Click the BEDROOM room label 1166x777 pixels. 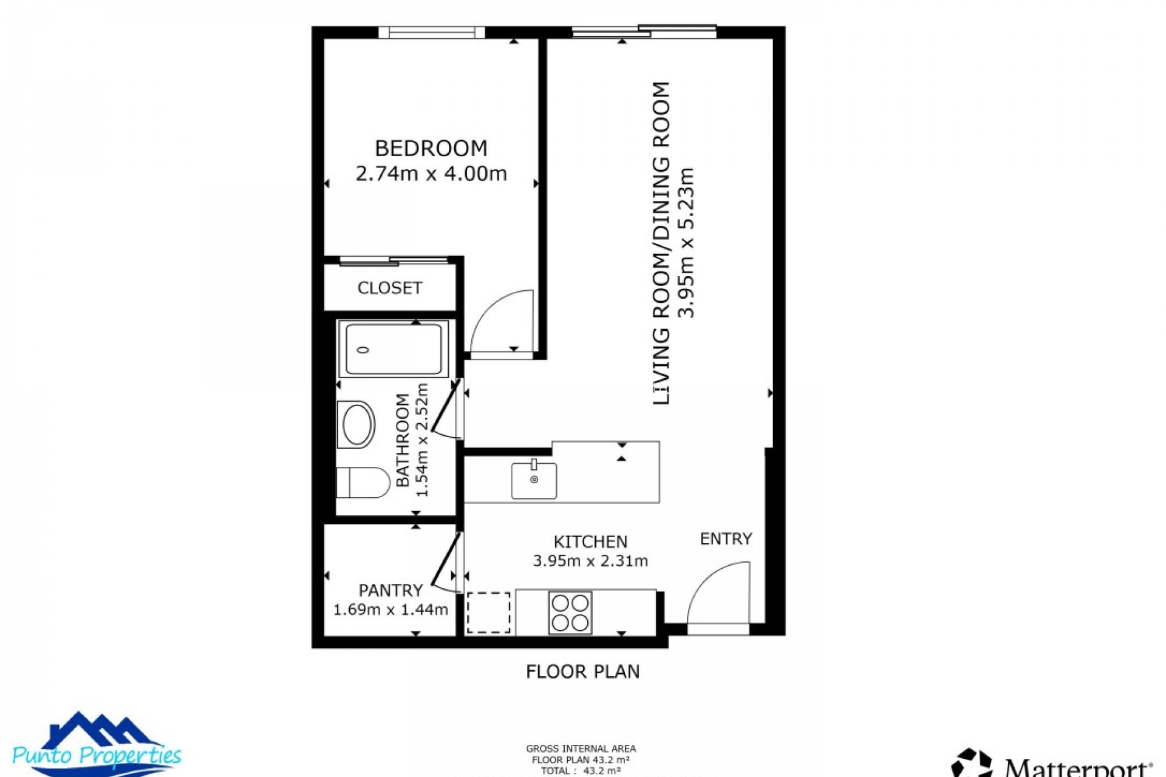(x=431, y=149)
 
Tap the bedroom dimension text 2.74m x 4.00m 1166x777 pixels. (x=431, y=174)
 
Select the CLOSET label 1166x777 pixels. (x=389, y=288)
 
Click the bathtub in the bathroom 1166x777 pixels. (x=394, y=349)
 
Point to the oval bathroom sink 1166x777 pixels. (x=358, y=424)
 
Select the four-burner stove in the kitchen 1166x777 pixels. (x=570, y=612)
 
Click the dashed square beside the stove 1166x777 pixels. (x=488, y=612)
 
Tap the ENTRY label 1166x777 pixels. (x=726, y=539)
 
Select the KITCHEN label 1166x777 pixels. (x=590, y=541)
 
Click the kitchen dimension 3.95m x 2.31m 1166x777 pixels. (x=590, y=561)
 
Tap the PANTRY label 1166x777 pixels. (x=390, y=590)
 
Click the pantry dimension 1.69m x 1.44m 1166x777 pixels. (x=390, y=609)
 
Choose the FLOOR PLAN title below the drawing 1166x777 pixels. (x=582, y=671)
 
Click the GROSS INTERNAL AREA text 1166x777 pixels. (x=581, y=749)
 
